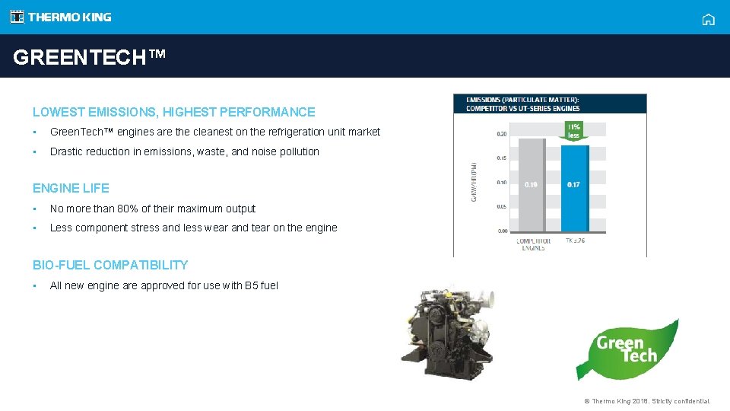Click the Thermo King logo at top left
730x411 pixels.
click(x=61, y=17)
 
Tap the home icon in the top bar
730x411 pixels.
click(x=708, y=20)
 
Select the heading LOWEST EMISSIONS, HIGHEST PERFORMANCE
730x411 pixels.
click(x=173, y=112)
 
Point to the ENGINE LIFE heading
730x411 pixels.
click(x=71, y=188)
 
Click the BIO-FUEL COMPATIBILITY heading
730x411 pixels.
click(x=110, y=265)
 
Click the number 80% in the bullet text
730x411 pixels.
click(x=124, y=209)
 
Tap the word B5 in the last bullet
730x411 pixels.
click(x=251, y=285)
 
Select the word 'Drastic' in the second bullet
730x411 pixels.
click(x=66, y=151)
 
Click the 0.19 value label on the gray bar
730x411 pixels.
click(x=532, y=185)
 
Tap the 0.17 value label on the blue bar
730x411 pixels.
click(x=573, y=185)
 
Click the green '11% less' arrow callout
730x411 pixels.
click(x=573, y=131)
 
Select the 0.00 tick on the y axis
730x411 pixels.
click(x=503, y=231)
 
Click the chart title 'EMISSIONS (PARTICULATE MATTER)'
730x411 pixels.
click(x=522, y=100)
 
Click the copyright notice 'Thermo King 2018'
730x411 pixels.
click(x=647, y=401)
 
